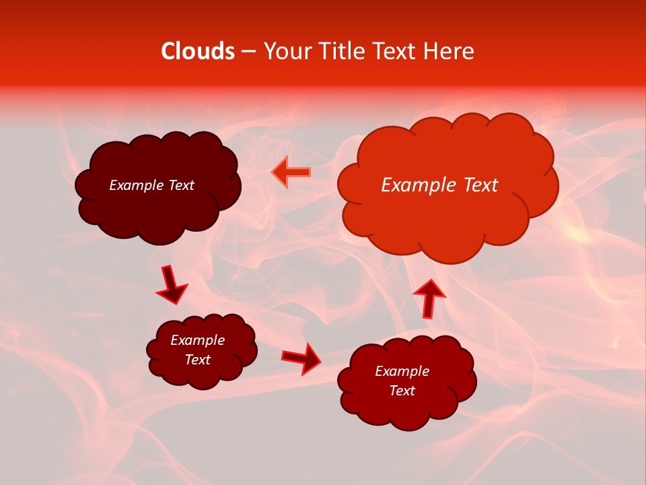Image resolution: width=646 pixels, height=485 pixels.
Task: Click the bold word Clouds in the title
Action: (x=198, y=51)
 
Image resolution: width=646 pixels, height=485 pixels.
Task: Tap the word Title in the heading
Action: (x=343, y=51)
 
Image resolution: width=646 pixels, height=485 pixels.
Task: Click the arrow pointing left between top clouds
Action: (x=291, y=172)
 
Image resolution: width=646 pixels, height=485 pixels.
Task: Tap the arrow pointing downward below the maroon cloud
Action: (x=172, y=284)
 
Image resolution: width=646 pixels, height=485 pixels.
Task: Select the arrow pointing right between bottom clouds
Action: (x=301, y=358)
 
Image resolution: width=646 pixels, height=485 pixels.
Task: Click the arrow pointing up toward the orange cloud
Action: (x=429, y=298)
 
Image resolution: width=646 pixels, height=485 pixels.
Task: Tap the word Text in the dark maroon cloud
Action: (x=181, y=185)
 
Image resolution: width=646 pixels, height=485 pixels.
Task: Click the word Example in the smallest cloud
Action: (x=198, y=340)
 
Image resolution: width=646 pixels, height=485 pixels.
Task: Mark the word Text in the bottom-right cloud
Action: (x=402, y=391)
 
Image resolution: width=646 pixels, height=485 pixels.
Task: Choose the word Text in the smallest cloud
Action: (x=198, y=360)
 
